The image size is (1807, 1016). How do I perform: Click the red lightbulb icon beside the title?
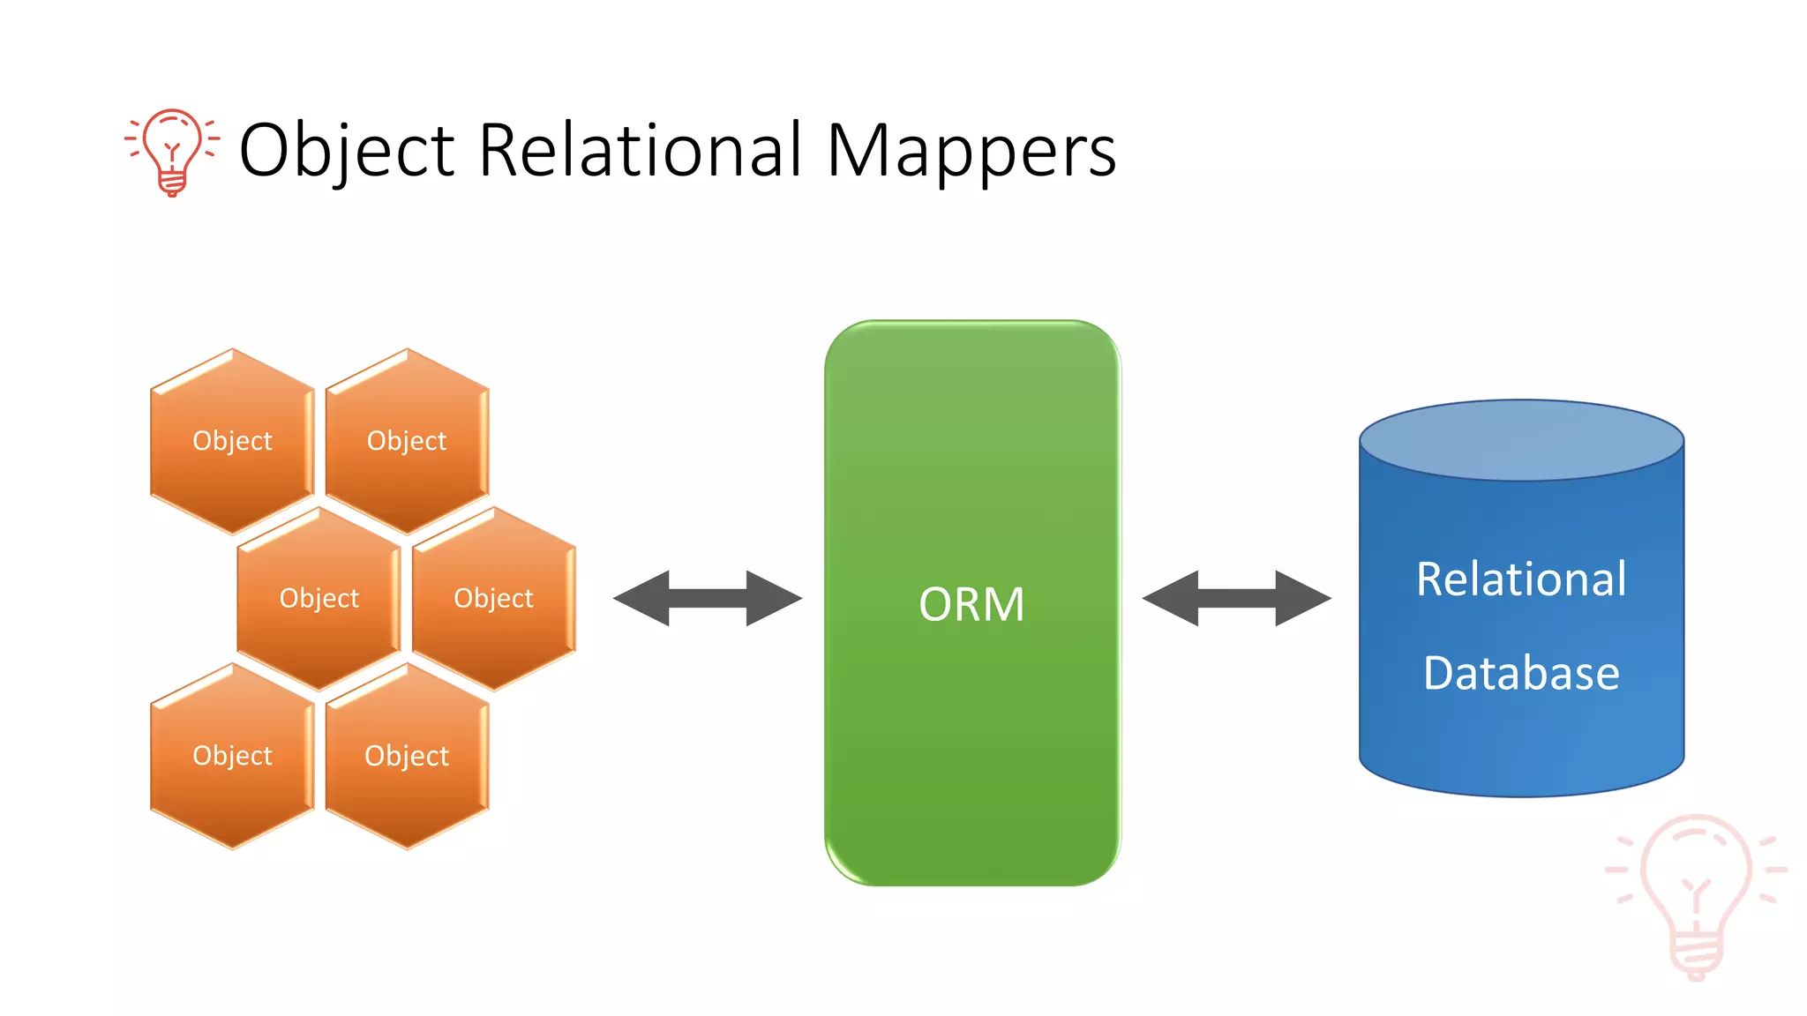[172, 151]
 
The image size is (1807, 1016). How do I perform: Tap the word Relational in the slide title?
[640, 150]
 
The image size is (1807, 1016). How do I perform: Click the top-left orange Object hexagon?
[232, 440]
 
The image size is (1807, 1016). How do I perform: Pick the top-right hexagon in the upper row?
[407, 440]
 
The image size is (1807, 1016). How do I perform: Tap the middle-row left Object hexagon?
[319, 598]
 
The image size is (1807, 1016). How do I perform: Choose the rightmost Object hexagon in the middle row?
[493, 598]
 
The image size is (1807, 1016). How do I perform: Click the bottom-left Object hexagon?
[232, 756]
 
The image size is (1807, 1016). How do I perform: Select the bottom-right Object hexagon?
[407, 756]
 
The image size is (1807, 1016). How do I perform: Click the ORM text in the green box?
[971, 605]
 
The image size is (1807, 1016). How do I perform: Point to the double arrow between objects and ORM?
[708, 598]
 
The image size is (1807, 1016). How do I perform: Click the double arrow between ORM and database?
[1236, 598]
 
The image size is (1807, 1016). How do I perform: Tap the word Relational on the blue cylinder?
[1521, 579]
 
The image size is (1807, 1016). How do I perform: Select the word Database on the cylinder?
[1521, 674]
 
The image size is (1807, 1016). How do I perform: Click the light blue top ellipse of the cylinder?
[1521, 440]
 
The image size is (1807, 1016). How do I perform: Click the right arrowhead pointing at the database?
[1303, 598]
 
